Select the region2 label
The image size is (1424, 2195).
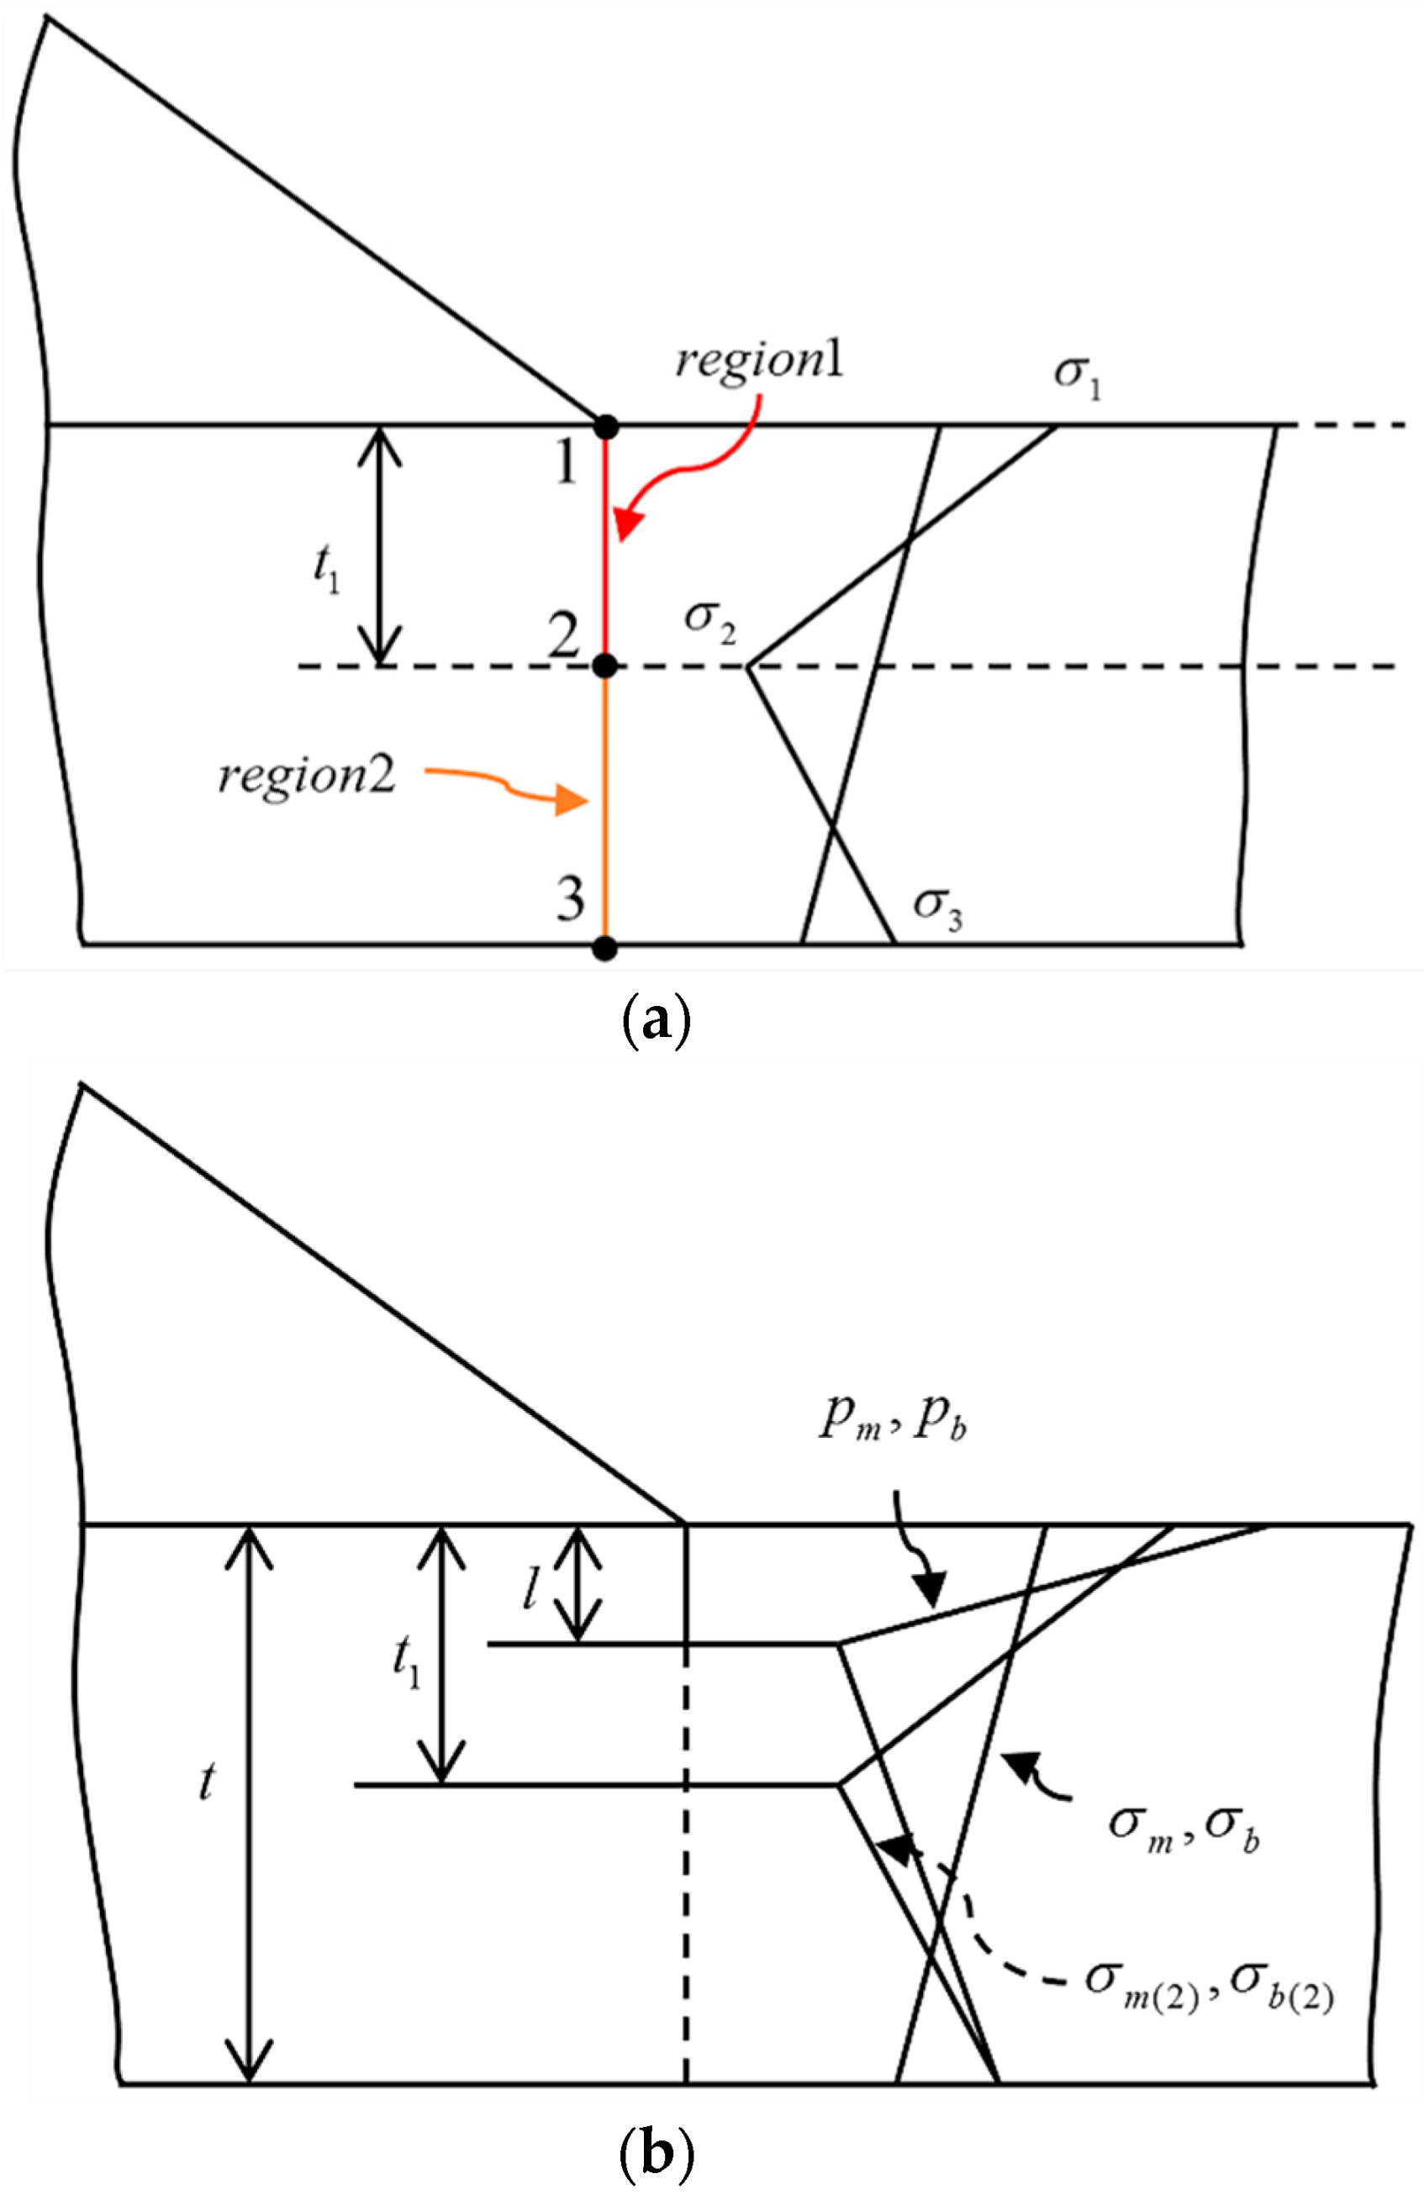pyautogui.click(x=306, y=776)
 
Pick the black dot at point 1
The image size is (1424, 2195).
pyautogui.click(x=606, y=427)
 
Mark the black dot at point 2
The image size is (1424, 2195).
pyautogui.click(x=605, y=665)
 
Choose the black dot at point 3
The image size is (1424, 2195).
pyautogui.click(x=605, y=947)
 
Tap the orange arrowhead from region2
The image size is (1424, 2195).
pyautogui.click(x=572, y=802)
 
